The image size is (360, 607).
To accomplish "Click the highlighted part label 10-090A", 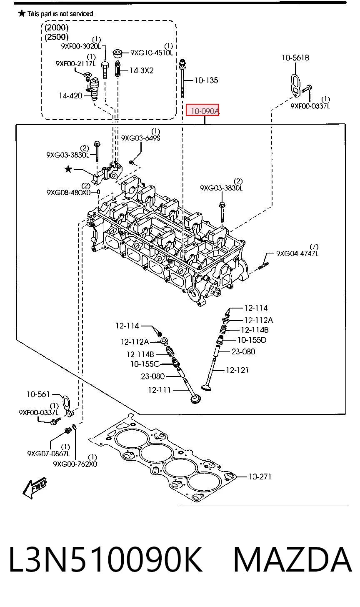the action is click(205, 111).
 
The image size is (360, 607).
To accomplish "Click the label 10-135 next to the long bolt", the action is click(206, 80).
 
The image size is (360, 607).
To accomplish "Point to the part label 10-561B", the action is click(295, 58).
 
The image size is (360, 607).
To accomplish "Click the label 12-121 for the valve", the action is click(237, 370).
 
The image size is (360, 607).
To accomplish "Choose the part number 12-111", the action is click(159, 390).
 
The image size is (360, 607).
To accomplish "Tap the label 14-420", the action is click(70, 95).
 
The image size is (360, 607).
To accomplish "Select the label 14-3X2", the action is click(141, 70).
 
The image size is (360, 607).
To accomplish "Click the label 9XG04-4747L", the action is click(297, 253).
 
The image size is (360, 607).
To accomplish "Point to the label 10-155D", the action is click(252, 339).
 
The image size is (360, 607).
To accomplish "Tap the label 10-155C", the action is click(145, 364).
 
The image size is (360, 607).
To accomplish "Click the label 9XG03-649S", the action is click(140, 138).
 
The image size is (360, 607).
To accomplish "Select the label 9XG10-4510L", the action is click(151, 53).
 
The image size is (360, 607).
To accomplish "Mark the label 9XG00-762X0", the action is click(75, 464).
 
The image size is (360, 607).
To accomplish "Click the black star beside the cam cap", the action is click(68, 170).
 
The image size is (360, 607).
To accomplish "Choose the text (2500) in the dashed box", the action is click(56, 37).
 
